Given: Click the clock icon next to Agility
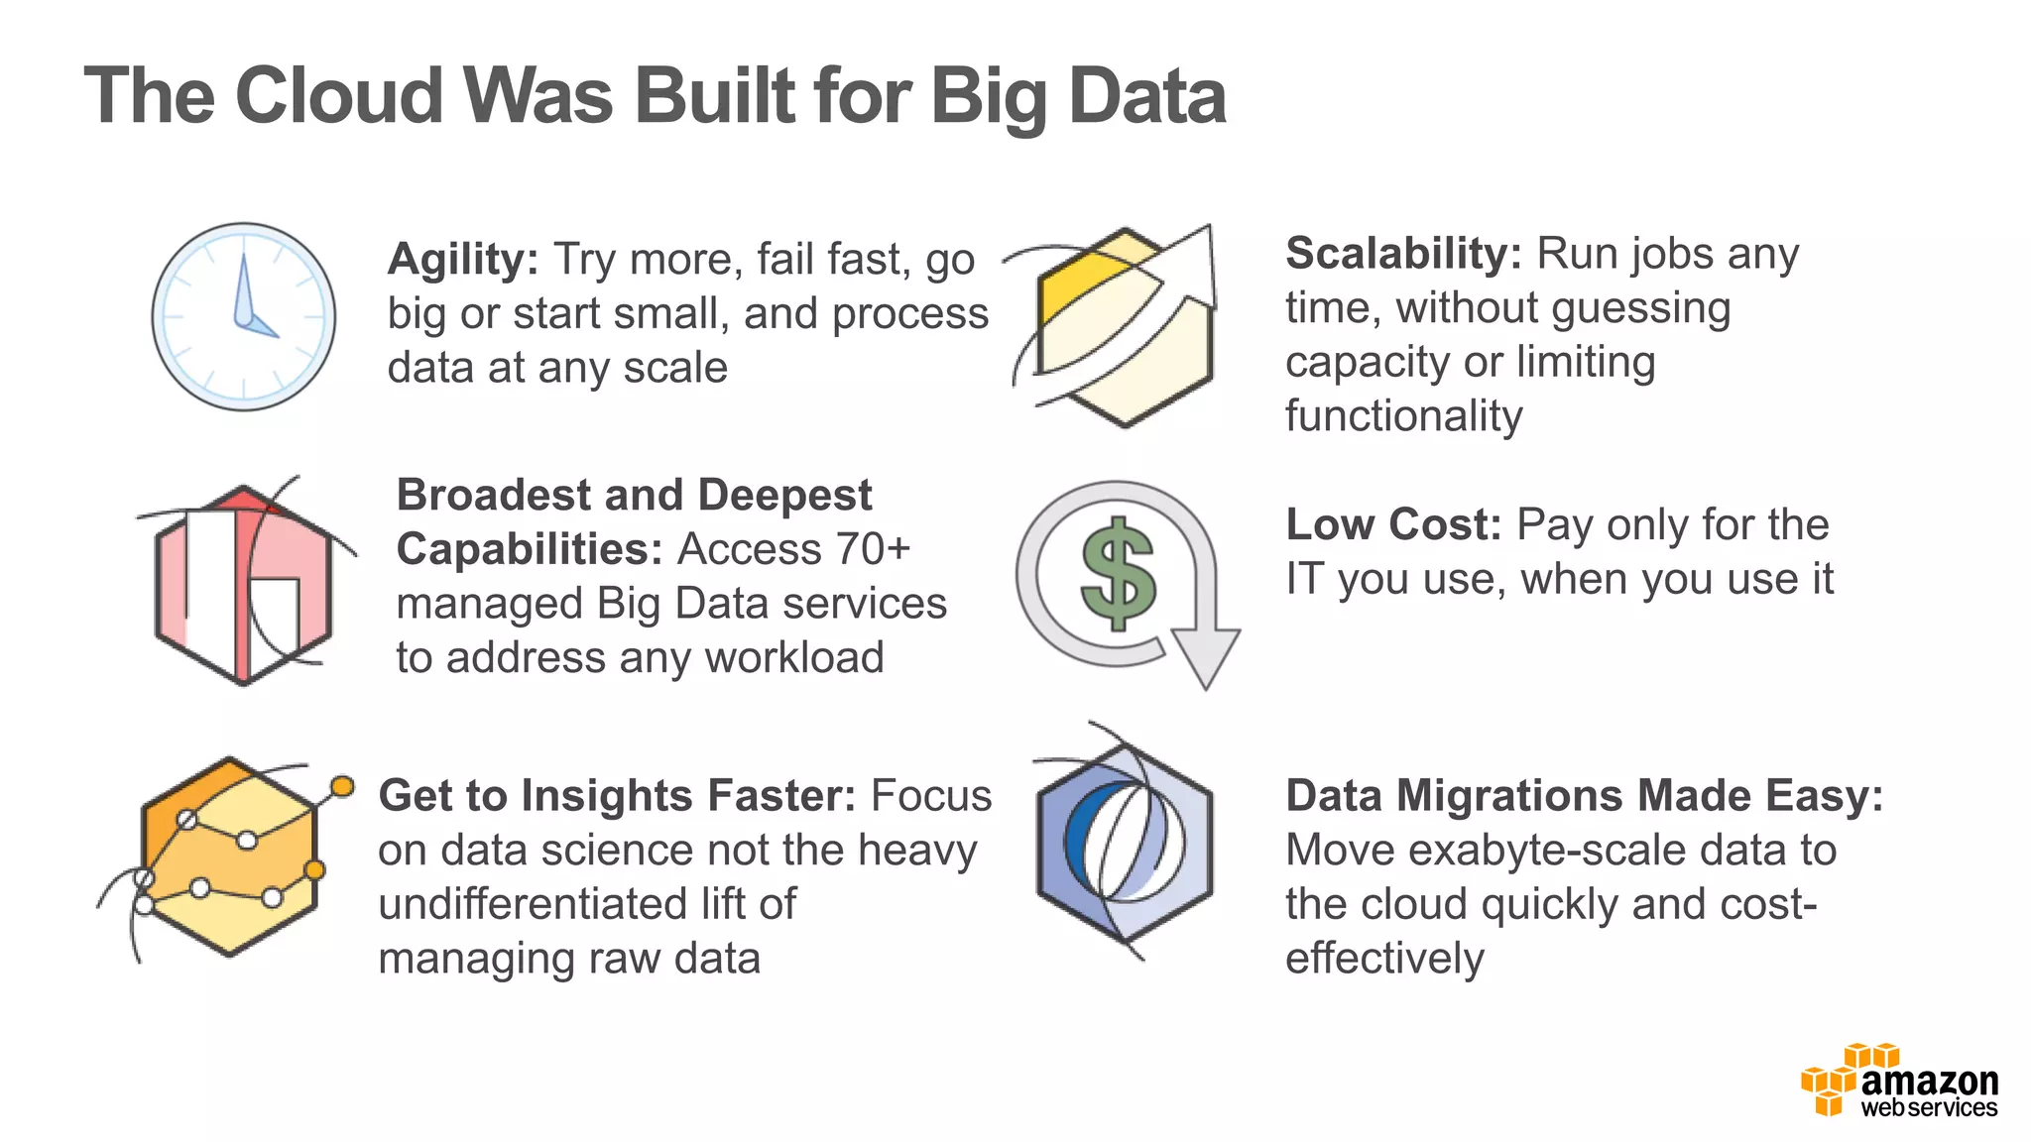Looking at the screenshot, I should [244, 316].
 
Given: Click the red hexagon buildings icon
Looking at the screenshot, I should [244, 584].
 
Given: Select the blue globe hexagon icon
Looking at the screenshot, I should [1125, 843].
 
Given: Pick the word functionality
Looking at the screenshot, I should [1403, 416].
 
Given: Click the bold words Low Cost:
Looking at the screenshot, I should [1393, 524].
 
